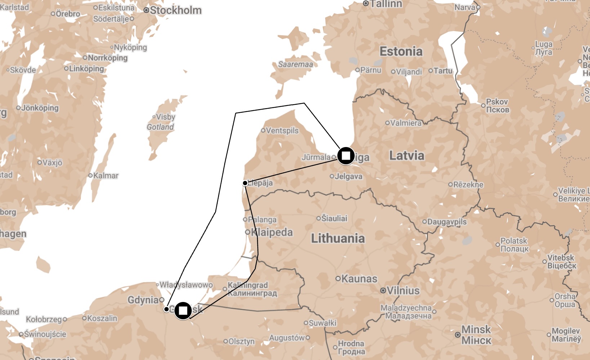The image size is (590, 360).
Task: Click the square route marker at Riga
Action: tap(346, 156)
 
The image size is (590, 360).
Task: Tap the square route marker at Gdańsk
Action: tap(183, 310)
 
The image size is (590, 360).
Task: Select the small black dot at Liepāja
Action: tap(245, 183)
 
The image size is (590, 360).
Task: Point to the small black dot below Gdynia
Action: tap(167, 309)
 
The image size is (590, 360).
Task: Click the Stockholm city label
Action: tap(176, 10)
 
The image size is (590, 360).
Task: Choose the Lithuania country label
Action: tap(338, 238)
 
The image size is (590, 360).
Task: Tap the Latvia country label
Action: tap(407, 156)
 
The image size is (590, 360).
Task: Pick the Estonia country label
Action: tap(401, 52)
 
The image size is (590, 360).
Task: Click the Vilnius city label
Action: tap(403, 290)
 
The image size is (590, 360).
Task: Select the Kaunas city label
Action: tap(359, 279)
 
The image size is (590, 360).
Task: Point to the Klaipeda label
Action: tap(272, 232)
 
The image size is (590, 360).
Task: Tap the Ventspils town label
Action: tap(282, 130)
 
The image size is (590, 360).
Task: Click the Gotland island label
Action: tap(160, 127)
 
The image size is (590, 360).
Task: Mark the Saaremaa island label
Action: tap(295, 65)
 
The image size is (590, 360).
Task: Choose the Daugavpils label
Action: tap(447, 222)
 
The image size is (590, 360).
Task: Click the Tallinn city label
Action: tap(386, 4)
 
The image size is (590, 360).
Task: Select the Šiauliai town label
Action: tap(334, 218)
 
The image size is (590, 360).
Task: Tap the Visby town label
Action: tap(165, 117)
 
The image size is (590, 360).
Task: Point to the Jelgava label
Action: tap(348, 176)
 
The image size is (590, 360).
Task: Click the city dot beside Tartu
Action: tap(430, 71)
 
